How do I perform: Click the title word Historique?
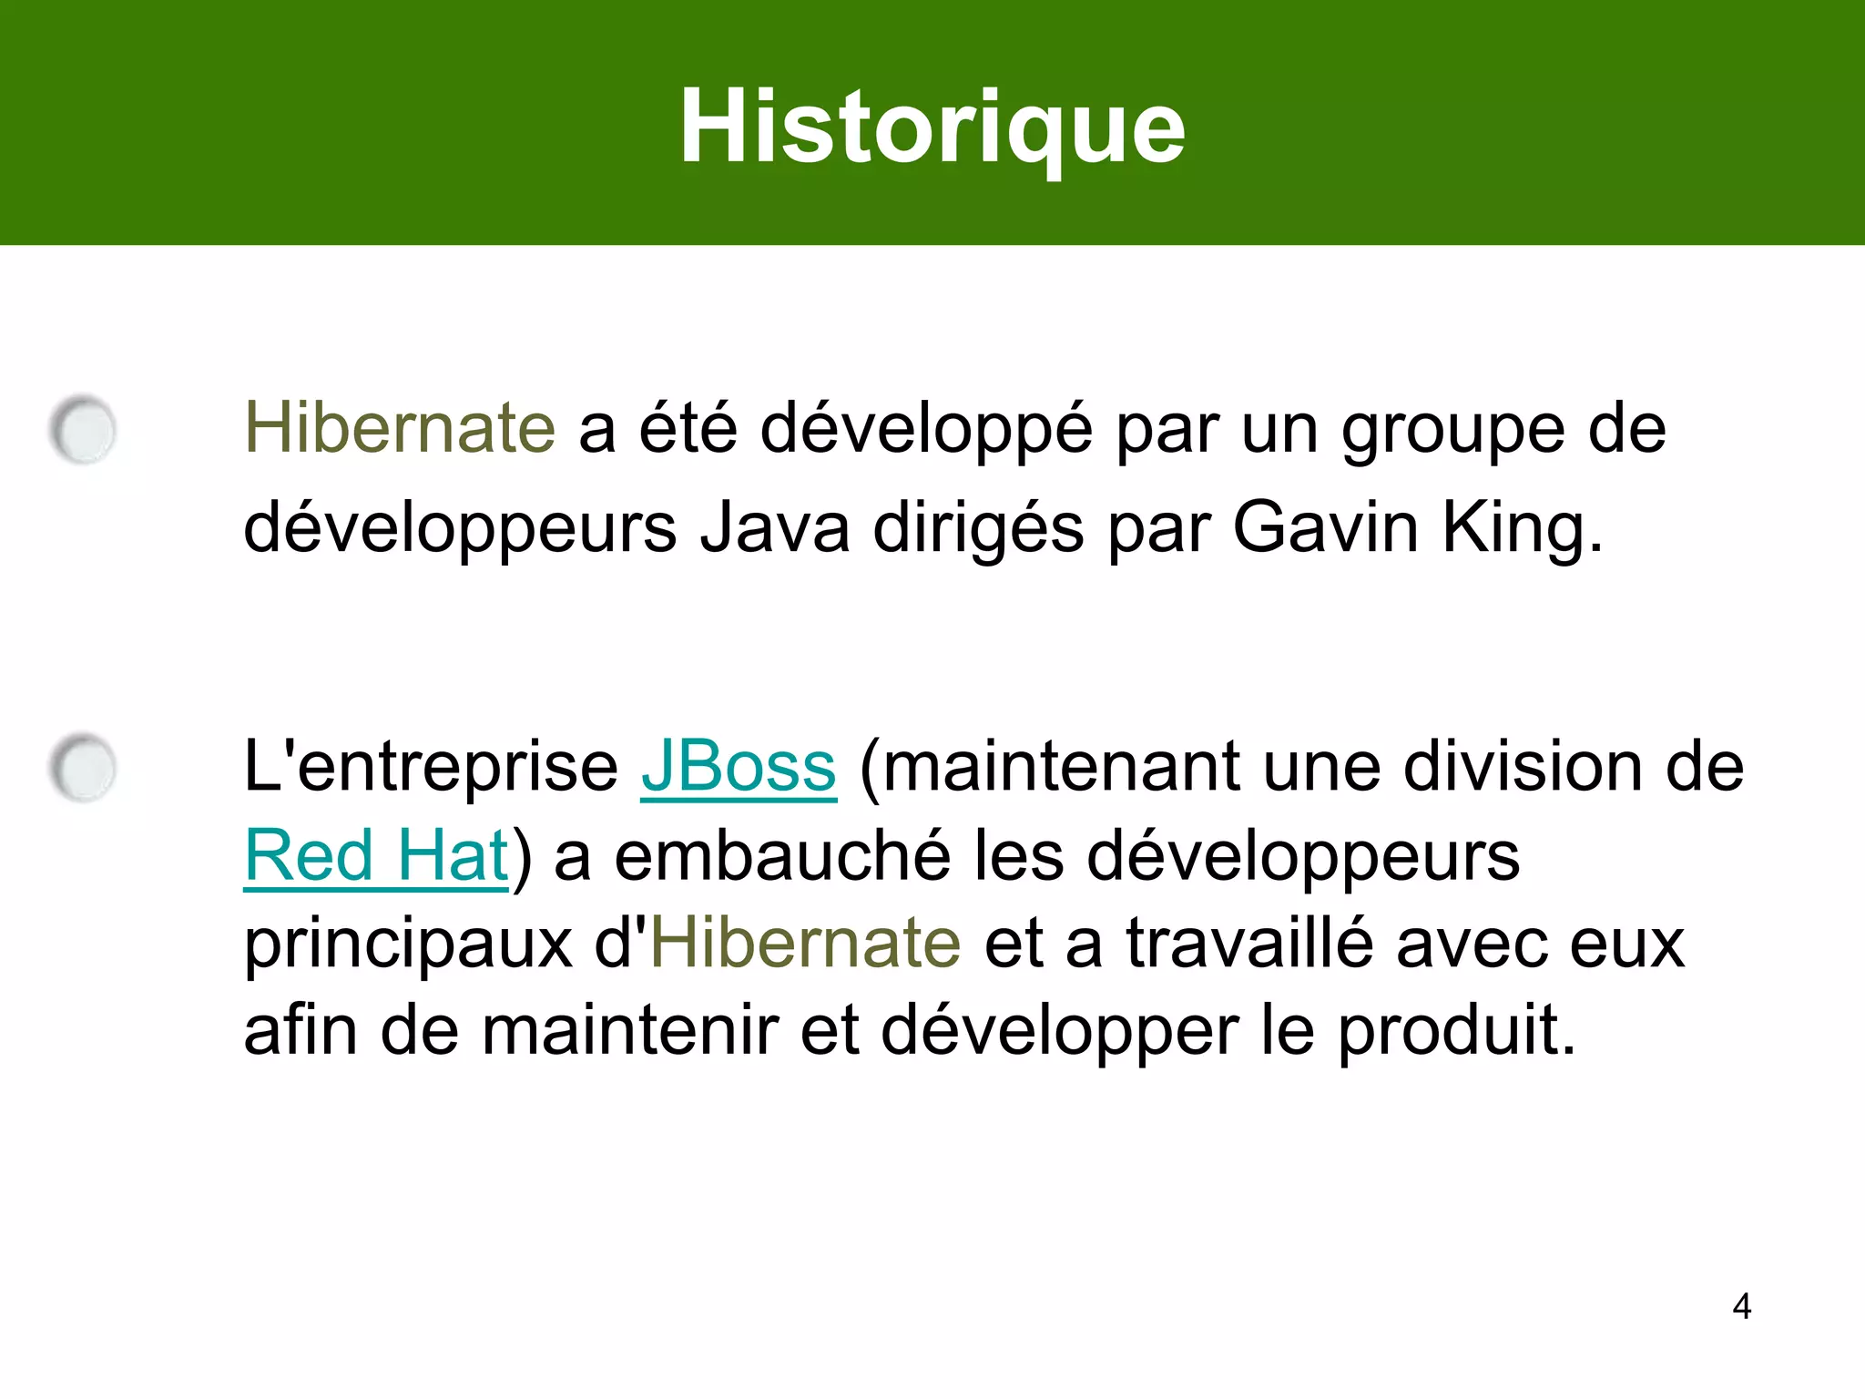(x=932, y=128)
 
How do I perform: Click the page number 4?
(x=1741, y=1306)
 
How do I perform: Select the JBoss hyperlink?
(x=739, y=767)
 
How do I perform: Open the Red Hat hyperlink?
(x=376, y=855)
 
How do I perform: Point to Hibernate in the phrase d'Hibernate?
(x=806, y=944)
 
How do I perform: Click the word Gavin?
(x=1325, y=527)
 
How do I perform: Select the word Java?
(x=775, y=527)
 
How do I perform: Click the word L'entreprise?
(x=431, y=767)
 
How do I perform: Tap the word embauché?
(x=782, y=856)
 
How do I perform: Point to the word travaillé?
(x=1249, y=944)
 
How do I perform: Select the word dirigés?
(x=979, y=529)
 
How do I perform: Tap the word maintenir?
(x=629, y=1031)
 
